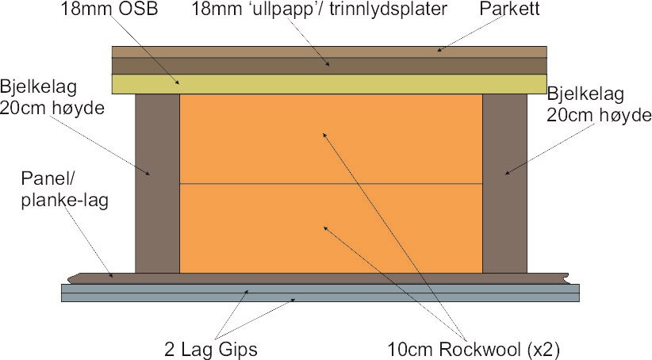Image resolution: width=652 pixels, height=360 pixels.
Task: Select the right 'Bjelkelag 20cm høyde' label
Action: point(597,105)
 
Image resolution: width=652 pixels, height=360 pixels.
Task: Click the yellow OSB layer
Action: point(329,84)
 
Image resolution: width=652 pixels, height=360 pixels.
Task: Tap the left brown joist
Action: point(158,182)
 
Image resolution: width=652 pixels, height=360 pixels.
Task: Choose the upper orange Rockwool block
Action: point(332,140)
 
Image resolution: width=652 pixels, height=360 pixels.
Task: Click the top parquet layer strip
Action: point(329,51)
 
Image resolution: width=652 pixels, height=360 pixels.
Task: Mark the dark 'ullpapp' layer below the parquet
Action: point(329,65)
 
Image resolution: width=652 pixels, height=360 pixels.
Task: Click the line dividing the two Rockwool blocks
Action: point(332,184)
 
